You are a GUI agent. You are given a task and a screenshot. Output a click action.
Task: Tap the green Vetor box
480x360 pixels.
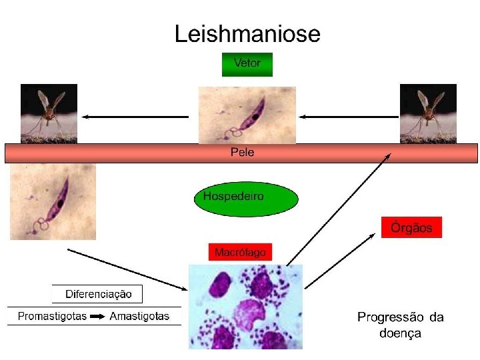[247, 64]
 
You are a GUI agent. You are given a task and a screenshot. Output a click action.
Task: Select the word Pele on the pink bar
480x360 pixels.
[242, 153]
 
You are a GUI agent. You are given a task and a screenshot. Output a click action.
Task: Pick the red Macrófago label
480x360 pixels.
[240, 252]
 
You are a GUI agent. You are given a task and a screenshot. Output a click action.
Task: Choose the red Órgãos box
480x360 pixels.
[411, 228]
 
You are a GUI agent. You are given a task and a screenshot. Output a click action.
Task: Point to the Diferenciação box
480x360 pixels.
[98, 294]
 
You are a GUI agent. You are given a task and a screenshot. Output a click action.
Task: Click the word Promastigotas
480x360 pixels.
[52, 316]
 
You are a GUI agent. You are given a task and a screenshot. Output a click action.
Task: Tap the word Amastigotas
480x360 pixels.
[139, 316]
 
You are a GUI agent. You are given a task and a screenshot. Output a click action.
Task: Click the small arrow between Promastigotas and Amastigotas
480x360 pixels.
[98, 316]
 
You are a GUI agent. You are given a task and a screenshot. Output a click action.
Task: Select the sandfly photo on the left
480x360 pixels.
[49, 113]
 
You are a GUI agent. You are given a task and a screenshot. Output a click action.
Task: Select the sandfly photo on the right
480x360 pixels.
[428, 113]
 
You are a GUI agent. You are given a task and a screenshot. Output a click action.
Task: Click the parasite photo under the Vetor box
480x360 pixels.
[247, 115]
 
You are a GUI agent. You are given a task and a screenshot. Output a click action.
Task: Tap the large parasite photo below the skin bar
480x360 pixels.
[53, 201]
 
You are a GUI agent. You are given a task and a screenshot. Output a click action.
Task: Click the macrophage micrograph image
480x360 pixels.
[245, 307]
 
